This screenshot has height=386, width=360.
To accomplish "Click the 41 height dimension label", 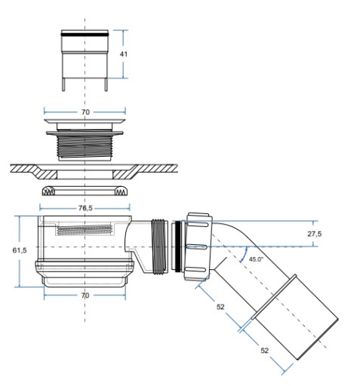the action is (x=123, y=54).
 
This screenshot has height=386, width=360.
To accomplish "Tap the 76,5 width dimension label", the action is (x=85, y=208).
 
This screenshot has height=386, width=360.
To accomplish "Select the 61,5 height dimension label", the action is (x=20, y=250).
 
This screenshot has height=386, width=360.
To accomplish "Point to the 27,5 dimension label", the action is (x=315, y=234).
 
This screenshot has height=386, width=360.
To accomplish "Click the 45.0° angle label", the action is (x=256, y=259).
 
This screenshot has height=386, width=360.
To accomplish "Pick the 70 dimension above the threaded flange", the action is (x=85, y=112).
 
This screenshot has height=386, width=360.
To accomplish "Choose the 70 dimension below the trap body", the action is (x=85, y=296).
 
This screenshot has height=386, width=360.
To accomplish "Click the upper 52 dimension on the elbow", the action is (x=220, y=307).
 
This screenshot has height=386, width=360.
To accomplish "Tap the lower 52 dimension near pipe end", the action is (x=264, y=351).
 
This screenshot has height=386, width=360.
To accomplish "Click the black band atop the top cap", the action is (x=85, y=33).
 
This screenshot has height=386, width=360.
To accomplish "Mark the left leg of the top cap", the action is (x=63, y=84).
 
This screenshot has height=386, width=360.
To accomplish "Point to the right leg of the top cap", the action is (x=106, y=84).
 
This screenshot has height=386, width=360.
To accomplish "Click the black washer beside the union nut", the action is (x=178, y=247).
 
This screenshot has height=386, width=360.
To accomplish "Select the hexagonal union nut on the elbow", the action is (x=198, y=247).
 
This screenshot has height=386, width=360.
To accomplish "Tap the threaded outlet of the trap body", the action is (x=159, y=247).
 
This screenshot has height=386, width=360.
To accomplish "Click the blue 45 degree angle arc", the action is (x=245, y=254).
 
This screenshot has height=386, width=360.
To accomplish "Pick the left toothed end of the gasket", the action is (x=49, y=191).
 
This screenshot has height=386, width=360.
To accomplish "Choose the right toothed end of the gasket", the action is (x=121, y=191).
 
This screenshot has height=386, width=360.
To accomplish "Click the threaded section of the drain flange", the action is (x=85, y=146).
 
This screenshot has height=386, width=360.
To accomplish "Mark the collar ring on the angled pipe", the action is (x=274, y=297).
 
